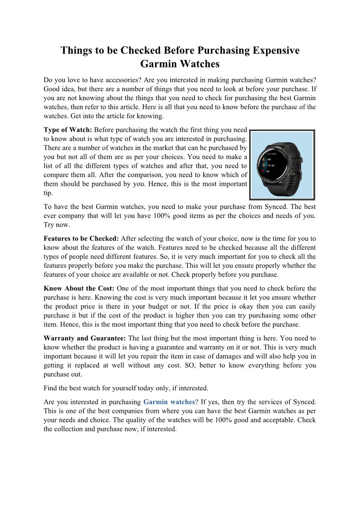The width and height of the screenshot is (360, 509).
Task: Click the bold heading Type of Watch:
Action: [x=68, y=130]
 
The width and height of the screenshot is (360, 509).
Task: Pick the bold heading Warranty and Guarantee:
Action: [x=85, y=338]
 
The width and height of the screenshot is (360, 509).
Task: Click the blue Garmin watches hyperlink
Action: [x=169, y=402]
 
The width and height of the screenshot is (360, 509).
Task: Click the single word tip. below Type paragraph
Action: [x=48, y=193]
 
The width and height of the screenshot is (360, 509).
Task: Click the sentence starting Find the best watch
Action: [x=126, y=388]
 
